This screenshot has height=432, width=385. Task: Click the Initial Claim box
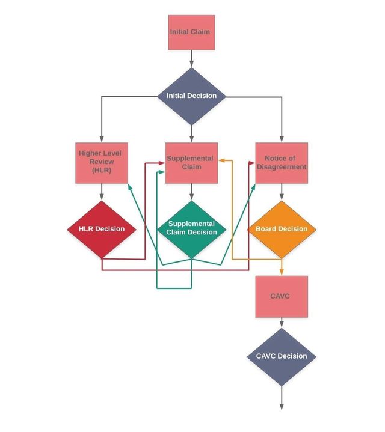click(192, 32)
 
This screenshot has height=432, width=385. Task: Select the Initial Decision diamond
click(192, 96)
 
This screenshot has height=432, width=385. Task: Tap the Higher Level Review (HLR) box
click(102, 163)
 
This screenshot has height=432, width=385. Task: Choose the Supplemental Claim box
click(192, 163)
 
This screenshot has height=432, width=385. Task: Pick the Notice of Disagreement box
click(282, 163)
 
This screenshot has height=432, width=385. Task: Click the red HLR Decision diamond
click(102, 230)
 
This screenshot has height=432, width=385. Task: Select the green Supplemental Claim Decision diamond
click(192, 230)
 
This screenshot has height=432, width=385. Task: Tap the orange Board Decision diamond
click(282, 230)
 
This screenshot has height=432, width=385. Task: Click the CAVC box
click(282, 296)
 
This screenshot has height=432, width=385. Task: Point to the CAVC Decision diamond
click(282, 356)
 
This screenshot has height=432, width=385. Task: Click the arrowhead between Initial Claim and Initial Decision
click(192, 64)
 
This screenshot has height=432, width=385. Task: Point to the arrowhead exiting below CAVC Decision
click(282, 407)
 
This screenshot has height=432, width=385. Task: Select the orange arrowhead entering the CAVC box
click(282, 272)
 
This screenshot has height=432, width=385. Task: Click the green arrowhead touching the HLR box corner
click(130, 187)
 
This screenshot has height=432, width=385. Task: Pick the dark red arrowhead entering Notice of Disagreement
click(252, 163)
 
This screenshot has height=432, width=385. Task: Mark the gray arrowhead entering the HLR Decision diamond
click(102, 197)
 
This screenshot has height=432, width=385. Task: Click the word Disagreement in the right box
click(282, 167)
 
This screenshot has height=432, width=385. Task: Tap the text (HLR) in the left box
click(102, 170)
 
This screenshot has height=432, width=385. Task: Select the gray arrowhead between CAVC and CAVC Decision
click(282, 324)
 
